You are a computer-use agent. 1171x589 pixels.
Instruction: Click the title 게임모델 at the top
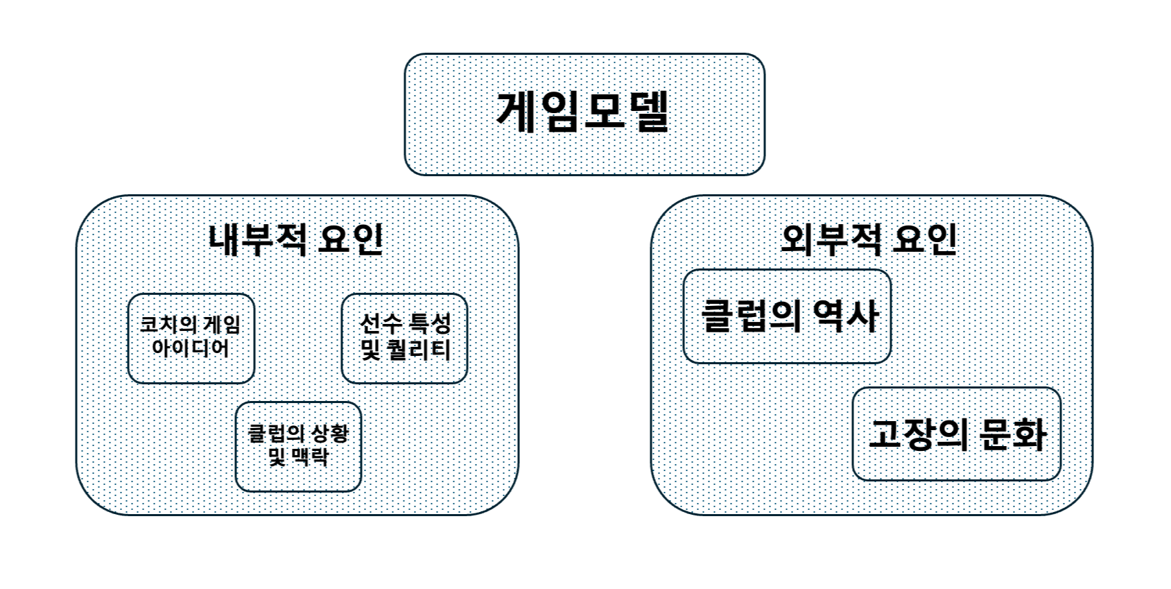click(x=583, y=112)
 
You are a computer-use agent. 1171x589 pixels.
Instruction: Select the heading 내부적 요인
click(x=296, y=239)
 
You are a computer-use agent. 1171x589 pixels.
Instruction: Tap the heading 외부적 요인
click(x=869, y=239)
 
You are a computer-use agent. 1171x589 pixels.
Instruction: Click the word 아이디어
click(x=191, y=348)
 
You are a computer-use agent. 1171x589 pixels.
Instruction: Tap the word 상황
click(x=330, y=434)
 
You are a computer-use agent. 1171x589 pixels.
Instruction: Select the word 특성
click(x=430, y=324)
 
